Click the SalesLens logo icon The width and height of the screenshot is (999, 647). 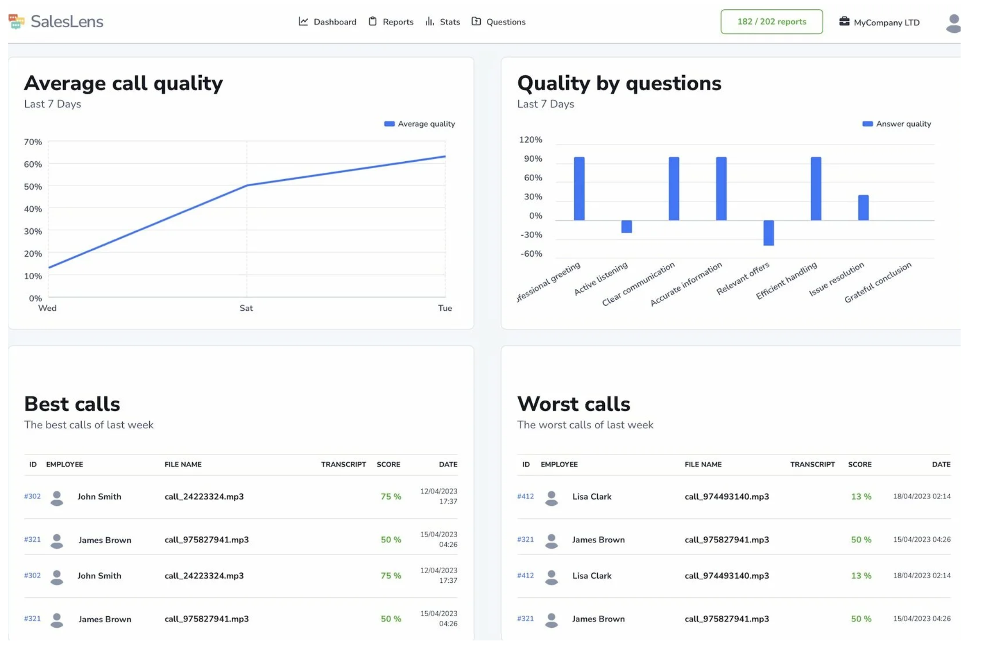16,21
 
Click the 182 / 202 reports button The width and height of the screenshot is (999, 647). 771,22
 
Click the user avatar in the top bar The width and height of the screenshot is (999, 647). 953,23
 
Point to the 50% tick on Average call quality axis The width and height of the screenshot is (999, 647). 33,187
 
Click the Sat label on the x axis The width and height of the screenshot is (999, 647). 246,308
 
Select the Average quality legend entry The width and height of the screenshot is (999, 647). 419,124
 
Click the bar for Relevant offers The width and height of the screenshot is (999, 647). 768,233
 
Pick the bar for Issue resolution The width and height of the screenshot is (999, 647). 863,208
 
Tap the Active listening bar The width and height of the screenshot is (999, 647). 627,226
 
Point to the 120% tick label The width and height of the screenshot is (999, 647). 530,140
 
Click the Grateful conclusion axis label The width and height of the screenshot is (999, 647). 878,282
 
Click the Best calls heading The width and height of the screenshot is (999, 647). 72,404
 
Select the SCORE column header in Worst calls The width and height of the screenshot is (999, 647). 859,464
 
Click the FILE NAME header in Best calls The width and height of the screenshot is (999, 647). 183,464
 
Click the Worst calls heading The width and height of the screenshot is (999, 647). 573,404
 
